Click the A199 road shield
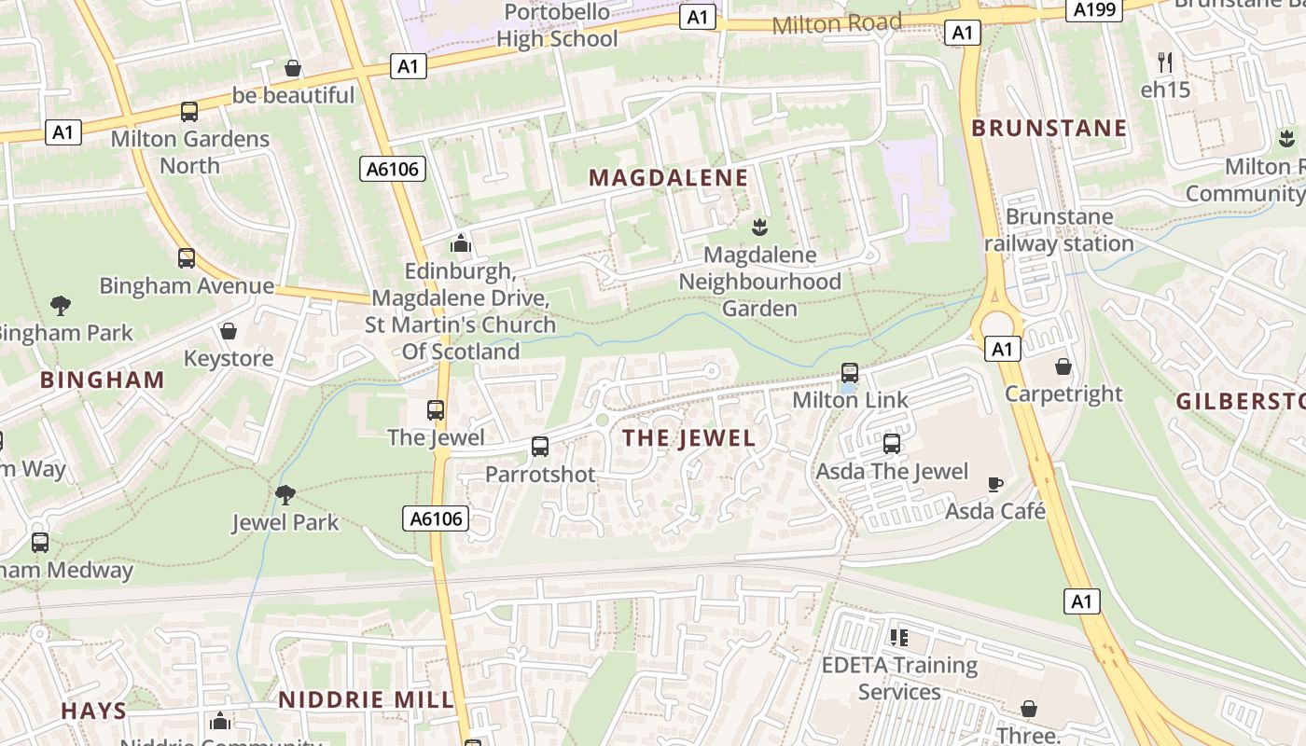click(1092, 9)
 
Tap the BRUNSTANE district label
click(1049, 128)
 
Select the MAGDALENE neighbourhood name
click(669, 178)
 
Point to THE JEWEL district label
click(688, 438)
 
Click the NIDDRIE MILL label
click(366, 699)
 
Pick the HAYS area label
click(94, 711)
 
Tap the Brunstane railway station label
click(1060, 230)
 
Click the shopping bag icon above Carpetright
click(1063, 366)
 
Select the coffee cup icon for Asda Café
click(995, 484)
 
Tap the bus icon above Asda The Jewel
click(892, 443)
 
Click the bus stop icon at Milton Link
click(849, 373)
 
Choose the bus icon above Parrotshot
click(540, 446)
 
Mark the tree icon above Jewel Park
click(285, 494)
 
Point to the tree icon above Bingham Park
click(61, 305)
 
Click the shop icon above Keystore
click(229, 331)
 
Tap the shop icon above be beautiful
click(293, 68)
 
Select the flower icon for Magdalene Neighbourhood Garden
click(759, 227)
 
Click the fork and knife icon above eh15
click(1164, 62)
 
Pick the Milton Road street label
click(837, 23)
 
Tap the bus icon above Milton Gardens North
click(189, 112)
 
